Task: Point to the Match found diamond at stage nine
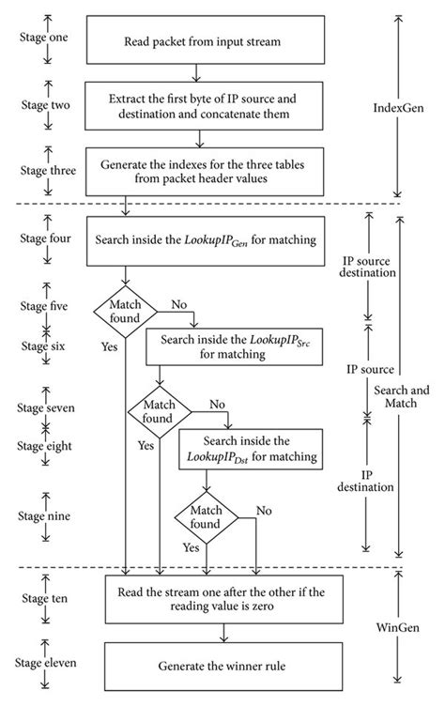206,514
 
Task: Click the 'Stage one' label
43,38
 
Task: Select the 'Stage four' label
43,238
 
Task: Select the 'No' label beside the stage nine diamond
265,511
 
